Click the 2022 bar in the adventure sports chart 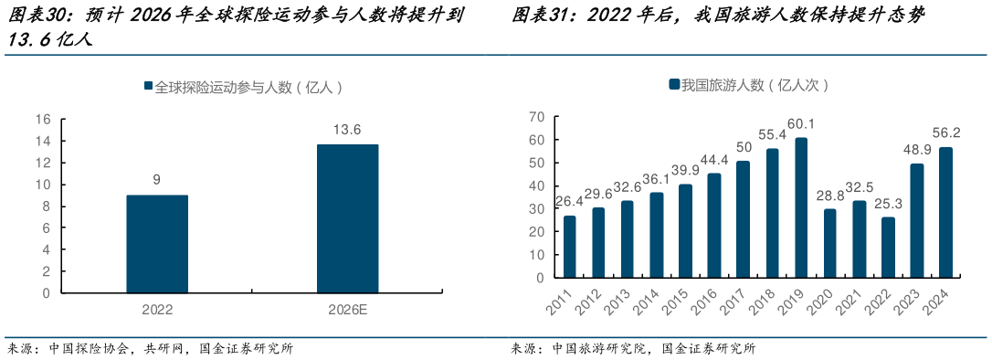[x=157, y=244]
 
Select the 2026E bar [x=347, y=218]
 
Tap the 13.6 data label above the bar [x=347, y=130]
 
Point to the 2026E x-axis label [x=347, y=310]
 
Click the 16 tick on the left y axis [x=43, y=120]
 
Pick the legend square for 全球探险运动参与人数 [x=148, y=87]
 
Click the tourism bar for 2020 [x=830, y=243]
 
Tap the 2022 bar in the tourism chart [x=888, y=247]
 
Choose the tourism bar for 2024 [x=946, y=212]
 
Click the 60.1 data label [x=801, y=124]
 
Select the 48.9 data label [x=917, y=150]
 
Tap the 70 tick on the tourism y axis [x=536, y=117]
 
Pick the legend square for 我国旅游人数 [x=674, y=85]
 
